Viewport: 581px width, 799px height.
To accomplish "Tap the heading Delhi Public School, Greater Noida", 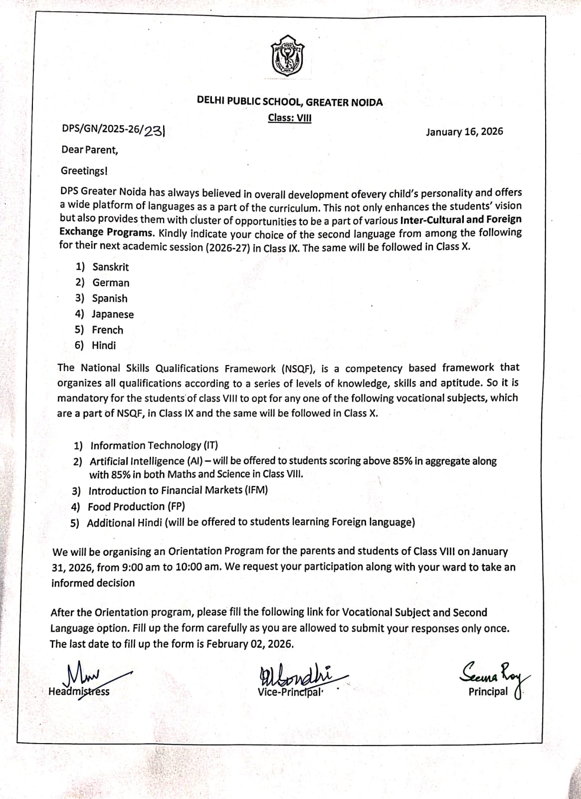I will (290, 102).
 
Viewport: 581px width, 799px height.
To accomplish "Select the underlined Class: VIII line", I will (290, 118).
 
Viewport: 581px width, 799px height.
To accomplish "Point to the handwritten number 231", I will (154, 130).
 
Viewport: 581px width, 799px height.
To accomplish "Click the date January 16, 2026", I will (464, 132).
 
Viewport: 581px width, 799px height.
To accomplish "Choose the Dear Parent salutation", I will (90, 149).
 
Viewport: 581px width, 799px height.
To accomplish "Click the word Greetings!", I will (84, 171).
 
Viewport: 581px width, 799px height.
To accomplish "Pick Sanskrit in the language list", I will (110, 267).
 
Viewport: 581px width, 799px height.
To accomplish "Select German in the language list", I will (111, 283).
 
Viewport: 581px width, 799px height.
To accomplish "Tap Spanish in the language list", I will (110, 298).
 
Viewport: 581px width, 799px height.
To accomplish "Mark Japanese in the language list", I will (113, 314).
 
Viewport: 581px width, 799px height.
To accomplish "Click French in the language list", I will (107, 330).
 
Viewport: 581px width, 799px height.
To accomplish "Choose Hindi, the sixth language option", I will (104, 345).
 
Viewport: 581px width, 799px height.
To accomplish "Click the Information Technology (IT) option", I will (154, 445).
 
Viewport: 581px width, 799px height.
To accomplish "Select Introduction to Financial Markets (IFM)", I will (178, 490).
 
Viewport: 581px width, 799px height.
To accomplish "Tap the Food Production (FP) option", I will (136, 506).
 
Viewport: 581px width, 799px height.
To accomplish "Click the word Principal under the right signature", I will (488, 692).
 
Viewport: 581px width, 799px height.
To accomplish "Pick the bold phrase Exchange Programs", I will (106, 232).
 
